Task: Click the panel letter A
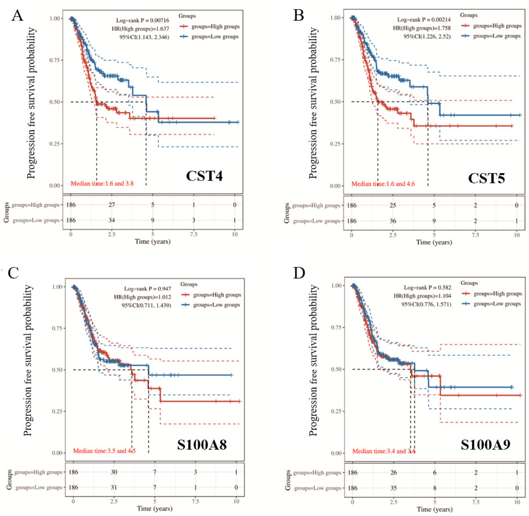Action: (19, 14)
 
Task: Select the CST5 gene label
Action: (487, 178)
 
